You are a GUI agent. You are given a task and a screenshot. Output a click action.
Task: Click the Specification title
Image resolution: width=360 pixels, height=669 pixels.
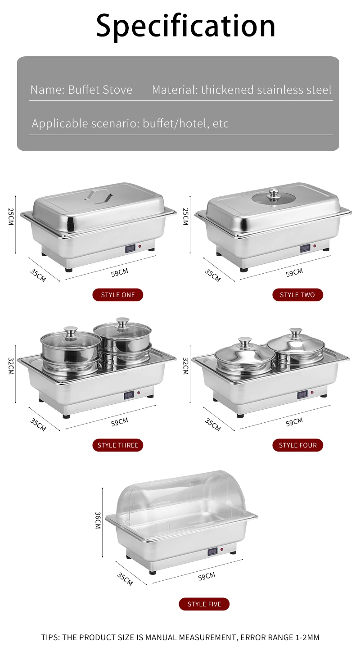[x=185, y=25]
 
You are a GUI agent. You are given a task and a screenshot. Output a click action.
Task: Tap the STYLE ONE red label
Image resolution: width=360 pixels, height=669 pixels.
[x=117, y=295]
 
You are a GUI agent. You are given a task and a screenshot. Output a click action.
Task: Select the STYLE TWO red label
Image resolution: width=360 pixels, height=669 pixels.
[x=297, y=295]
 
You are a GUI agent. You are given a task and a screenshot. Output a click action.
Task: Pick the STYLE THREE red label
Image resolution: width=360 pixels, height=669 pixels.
[x=118, y=445]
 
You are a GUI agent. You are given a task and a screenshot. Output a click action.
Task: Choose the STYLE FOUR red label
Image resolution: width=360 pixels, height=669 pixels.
[x=297, y=445]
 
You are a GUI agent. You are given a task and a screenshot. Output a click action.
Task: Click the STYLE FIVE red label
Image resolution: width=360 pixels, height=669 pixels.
[x=204, y=604]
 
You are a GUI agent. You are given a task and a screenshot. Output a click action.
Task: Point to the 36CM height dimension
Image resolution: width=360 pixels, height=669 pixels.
[x=97, y=520]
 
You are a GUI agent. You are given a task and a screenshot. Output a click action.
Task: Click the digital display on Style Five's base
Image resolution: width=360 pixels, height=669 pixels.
[x=212, y=551]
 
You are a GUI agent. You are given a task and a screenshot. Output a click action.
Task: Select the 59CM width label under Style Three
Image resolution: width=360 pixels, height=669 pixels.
[x=120, y=422]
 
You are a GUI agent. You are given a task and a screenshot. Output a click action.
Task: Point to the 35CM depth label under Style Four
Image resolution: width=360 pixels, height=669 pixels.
[x=212, y=425]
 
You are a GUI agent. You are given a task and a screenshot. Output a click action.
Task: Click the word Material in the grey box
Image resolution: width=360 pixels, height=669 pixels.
[x=175, y=90]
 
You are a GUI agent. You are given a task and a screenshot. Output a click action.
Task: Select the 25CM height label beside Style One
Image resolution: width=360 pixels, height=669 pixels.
[x=11, y=217]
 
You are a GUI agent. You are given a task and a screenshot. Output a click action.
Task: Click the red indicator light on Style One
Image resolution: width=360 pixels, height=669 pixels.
[x=140, y=247]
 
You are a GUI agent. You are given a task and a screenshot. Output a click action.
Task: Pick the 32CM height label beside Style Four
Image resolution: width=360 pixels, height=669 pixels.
[x=185, y=366]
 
